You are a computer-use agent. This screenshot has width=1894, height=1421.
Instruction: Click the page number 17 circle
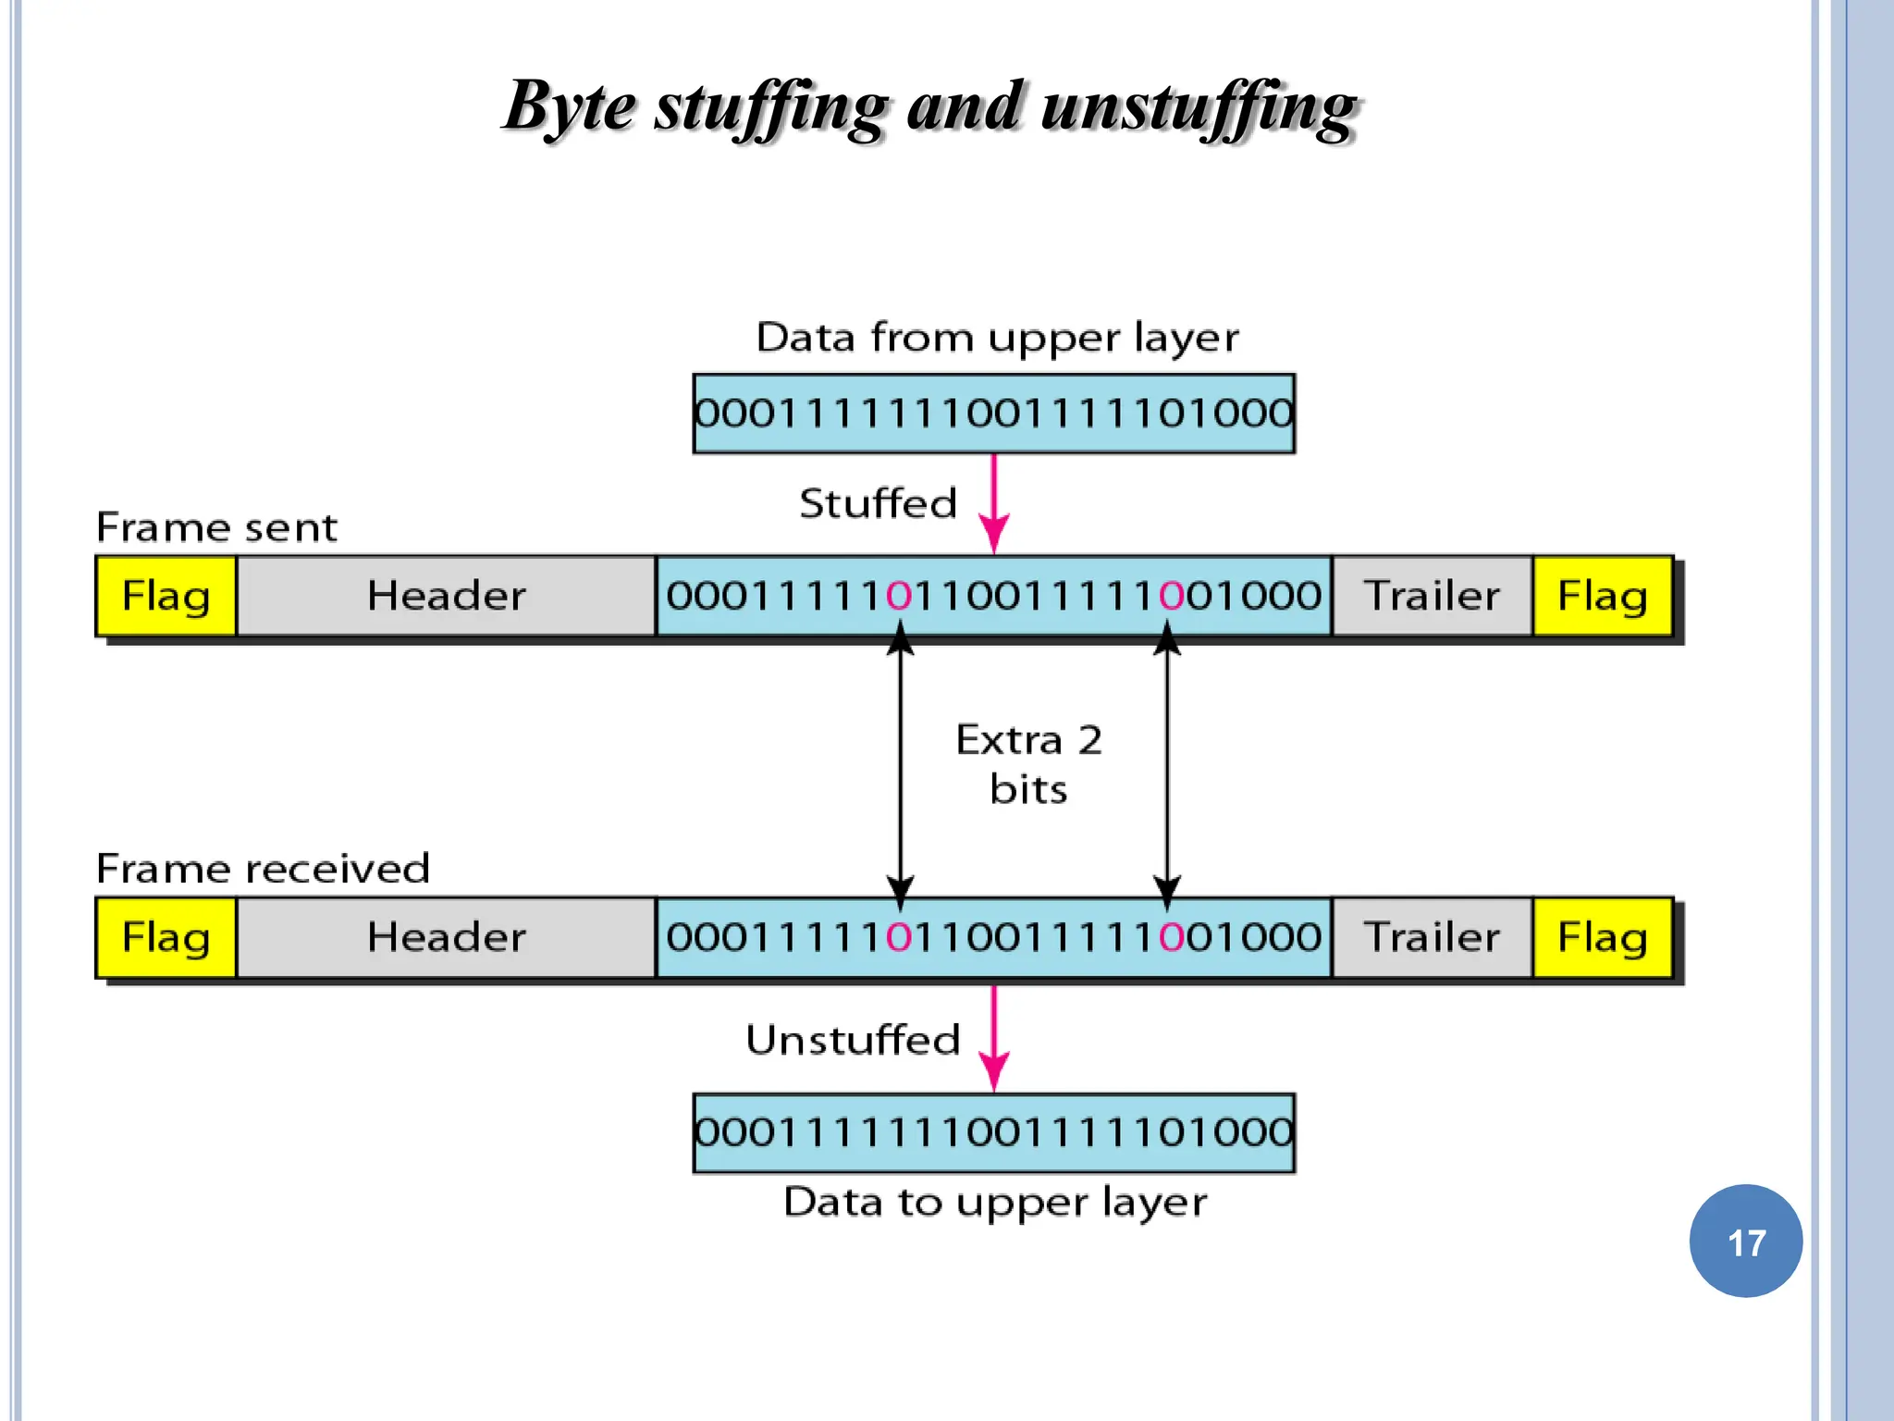(x=1745, y=1241)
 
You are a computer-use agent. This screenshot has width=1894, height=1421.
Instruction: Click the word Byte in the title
(x=570, y=106)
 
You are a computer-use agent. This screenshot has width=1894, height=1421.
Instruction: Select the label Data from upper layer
(x=997, y=338)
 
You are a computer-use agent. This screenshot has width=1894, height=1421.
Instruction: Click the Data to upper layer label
(x=995, y=1202)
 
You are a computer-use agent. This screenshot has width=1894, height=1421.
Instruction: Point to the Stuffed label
(x=878, y=504)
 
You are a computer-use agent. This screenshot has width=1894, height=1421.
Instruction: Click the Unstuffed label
(x=853, y=1040)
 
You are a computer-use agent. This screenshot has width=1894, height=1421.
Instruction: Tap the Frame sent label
(x=216, y=527)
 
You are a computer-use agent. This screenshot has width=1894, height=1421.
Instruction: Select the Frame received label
(x=263, y=869)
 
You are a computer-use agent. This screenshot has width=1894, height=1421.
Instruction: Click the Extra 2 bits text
(x=1028, y=764)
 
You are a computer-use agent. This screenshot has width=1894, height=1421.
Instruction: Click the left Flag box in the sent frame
(x=166, y=596)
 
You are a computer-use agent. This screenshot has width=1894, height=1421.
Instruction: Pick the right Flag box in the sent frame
(x=1602, y=596)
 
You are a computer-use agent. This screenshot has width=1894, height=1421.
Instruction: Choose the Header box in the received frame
(x=446, y=937)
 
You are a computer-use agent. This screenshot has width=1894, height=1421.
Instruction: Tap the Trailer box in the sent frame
(x=1432, y=596)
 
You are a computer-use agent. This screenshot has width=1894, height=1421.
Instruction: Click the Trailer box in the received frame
(x=1432, y=937)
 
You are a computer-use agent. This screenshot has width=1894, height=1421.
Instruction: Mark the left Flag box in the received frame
(x=166, y=937)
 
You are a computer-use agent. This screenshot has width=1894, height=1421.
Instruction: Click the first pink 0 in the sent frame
(x=899, y=596)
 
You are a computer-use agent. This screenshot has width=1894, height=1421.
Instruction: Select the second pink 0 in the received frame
(x=1172, y=937)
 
